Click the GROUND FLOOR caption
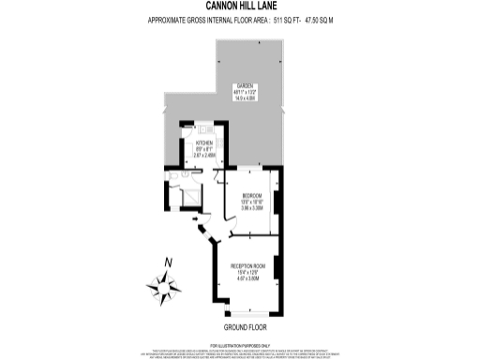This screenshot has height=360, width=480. (245, 329)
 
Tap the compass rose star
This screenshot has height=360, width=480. (166, 287)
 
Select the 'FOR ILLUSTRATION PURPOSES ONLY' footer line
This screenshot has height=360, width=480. (240, 345)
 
